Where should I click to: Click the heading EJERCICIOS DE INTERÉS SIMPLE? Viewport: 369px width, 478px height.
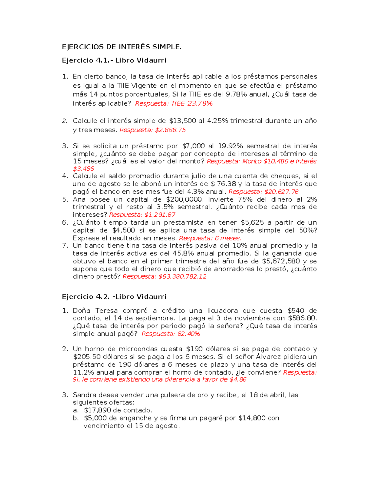[122, 47]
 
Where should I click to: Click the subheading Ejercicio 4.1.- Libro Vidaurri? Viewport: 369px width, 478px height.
[114, 60]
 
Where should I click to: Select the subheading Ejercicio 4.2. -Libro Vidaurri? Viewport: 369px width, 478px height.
[114, 297]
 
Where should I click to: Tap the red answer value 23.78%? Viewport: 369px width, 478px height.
[200, 103]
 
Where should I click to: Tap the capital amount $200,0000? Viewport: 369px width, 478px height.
[184, 199]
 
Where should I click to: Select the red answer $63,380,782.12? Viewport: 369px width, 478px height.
[182, 276]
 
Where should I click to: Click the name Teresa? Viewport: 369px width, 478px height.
[106, 311]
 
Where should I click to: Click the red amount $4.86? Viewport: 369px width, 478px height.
[238, 379]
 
